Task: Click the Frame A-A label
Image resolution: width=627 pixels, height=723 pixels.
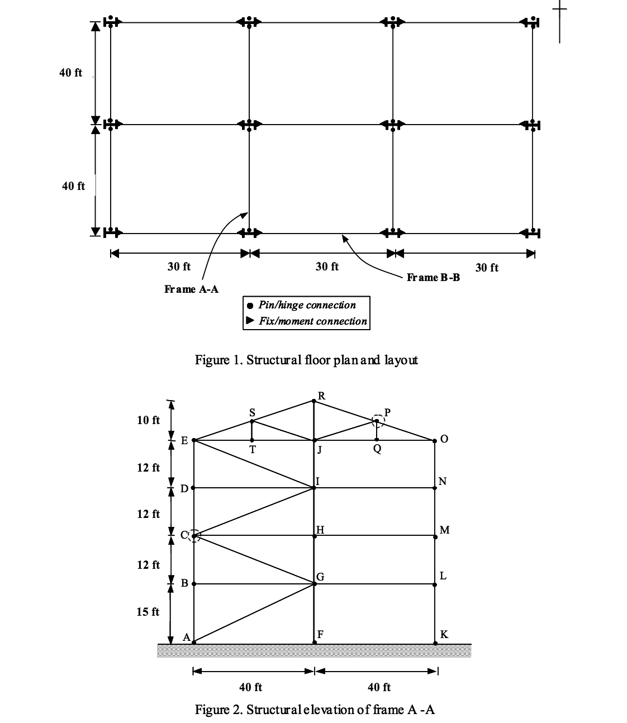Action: (x=191, y=289)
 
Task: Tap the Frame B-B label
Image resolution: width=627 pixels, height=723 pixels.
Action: (x=433, y=277)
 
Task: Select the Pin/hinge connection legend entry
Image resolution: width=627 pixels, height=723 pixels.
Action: (x=306, y=305)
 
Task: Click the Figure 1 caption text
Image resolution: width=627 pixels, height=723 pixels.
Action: (x=306, y=359)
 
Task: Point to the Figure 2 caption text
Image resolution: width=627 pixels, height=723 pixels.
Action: (x=315, y=710)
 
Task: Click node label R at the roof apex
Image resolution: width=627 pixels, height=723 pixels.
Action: (x=321, y=396)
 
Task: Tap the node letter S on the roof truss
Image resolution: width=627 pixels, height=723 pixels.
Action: (x=252, y=412)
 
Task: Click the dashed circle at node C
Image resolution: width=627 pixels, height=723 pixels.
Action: (x=194, y=536)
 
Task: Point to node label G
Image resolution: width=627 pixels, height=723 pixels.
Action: (x=320, y=576)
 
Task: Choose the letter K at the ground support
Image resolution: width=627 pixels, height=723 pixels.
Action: (x=444, y=634)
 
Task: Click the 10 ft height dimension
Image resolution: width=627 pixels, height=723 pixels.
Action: (x=148, y=420)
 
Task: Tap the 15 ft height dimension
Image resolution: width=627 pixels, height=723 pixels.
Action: (x=148, y=611)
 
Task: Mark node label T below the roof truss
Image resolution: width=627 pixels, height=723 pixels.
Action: (x=253, y=450)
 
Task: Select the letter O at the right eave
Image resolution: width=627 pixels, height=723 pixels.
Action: (x=444, y=439)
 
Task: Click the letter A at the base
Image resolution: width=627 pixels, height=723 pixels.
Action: (x=186, y=638)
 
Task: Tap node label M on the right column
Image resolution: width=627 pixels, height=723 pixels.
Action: (x=444, y=529)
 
